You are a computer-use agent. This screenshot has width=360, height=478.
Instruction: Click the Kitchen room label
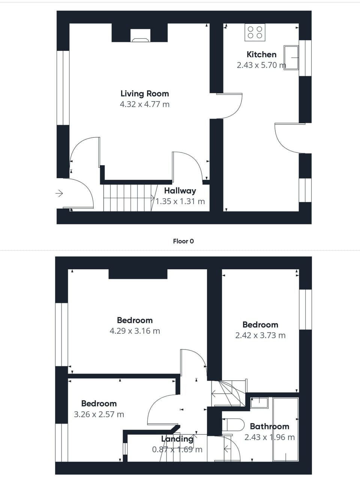tap(261, 54)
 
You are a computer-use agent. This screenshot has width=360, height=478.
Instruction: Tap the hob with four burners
tap(255, 32)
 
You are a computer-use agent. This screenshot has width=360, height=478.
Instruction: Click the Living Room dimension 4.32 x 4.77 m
tap(144, 104)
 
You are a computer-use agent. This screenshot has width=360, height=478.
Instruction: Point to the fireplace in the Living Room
tap(140, 36)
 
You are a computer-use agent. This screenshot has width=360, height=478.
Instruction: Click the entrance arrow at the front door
tap(59, 193)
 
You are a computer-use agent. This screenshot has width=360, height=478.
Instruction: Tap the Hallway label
tap(180, 191)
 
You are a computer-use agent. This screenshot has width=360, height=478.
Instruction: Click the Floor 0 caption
tap(183, 241)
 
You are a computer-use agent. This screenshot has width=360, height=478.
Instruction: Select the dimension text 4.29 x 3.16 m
tap(135, 331)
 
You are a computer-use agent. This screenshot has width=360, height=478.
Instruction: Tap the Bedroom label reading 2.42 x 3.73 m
tap(260, 325)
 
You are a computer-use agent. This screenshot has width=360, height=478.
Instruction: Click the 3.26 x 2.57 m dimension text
tap(99, 414)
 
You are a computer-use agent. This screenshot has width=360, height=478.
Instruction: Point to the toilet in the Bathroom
tap(231, 424)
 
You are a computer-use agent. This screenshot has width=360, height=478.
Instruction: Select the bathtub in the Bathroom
tap(286, 429)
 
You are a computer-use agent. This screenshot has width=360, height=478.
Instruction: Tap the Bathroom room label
tap(269, 426)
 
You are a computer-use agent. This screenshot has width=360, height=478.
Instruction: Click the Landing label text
tap(177, 439)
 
